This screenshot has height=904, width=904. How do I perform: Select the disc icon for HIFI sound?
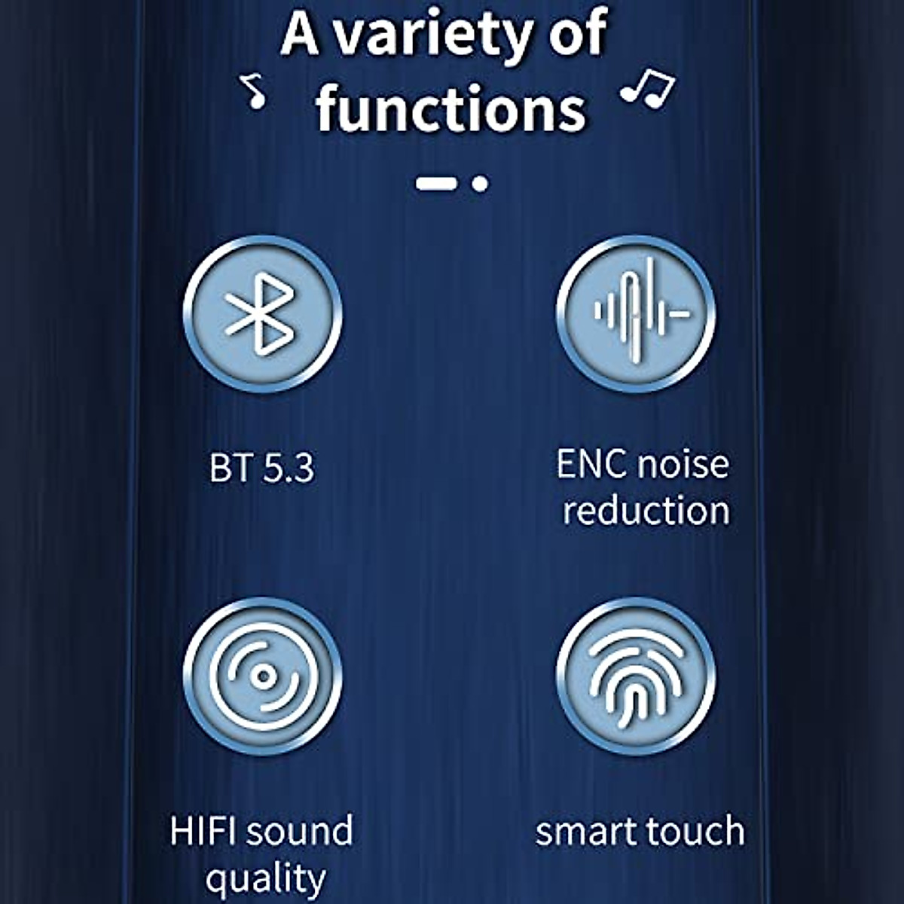point(262,676)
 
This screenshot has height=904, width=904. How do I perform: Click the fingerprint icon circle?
point(636,676)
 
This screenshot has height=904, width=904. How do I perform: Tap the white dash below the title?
point(437,183)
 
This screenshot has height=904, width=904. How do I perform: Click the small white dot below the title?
point(479,183)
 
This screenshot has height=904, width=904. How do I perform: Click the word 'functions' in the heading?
point(450,109)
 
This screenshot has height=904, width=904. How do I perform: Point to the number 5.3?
point(289,469)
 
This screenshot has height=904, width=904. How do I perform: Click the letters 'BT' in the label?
point(231,469)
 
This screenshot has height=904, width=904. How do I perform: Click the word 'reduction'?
point(646,511)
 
